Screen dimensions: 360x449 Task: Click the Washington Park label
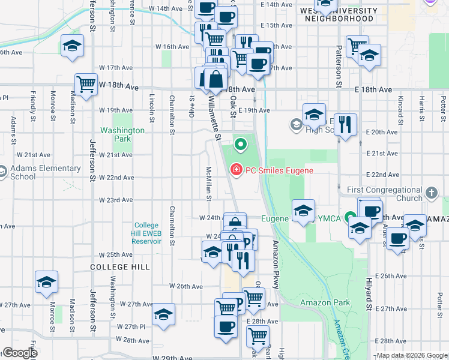click(122, 134)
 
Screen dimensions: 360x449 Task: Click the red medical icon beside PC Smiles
click(236, 170)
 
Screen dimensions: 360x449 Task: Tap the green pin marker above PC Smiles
click(241, 144)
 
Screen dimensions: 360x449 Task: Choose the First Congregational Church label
click(384, 194)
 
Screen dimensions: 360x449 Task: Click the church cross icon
click(431, 193)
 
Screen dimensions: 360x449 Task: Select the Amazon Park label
click(325, 303)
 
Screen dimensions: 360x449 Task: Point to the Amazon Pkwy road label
click(276, 265)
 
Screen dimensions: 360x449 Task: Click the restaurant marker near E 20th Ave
click(345, 125)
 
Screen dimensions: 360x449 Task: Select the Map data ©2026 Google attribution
click(411, 355)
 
